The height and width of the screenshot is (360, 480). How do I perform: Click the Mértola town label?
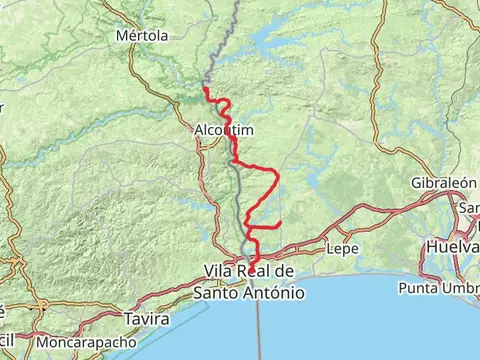pyautogui.click(x=140, y=35)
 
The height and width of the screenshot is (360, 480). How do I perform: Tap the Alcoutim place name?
pyautogui.click(x=224, y=130)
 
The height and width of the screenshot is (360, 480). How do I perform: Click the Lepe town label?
pyautogui.click(x=343, y=248)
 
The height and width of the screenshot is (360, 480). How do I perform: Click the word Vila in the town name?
pyautogui.click(x=221, y=272)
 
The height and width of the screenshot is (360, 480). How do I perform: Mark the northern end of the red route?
pyautogui.click(x=205, y=89)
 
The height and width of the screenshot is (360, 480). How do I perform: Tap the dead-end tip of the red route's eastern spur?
pyautogui.click(x=282, y=221)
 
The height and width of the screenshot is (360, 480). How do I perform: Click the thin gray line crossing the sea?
pyautogui.click(x=258, y=330)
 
